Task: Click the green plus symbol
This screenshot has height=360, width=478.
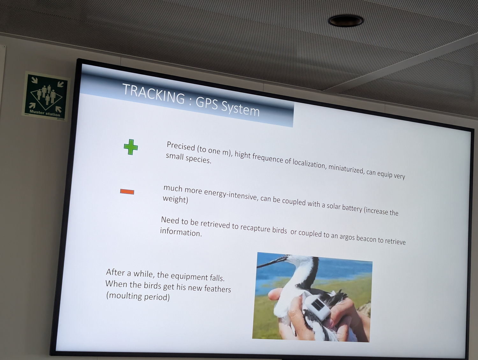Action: pos(131,147)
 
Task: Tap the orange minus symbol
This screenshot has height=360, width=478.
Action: pos(127,192)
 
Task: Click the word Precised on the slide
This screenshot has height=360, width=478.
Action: pos(181,146)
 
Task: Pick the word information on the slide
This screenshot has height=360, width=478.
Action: pos(181,232)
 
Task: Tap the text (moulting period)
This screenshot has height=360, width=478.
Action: pos(138,296)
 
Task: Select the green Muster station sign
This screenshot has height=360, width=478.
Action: pos(46,96)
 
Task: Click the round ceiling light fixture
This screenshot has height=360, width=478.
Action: pos(346,21)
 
